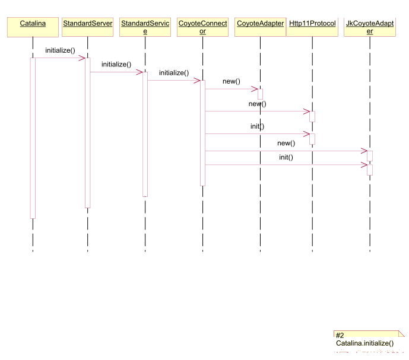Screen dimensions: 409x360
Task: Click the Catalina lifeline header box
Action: pyautogui.click(x=33, y=27)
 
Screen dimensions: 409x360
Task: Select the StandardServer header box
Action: pyautogui.click(x=88, y=27)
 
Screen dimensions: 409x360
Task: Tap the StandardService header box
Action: pyautogui.click(x=145, y=27)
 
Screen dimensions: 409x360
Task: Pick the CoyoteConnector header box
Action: pyautogui.click(x=202, y=27)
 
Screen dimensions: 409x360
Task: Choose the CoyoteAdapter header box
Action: pyautogui.click(x=261, y=27)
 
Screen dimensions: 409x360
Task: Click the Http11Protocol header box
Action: pyautogui.click(x=312, y=27)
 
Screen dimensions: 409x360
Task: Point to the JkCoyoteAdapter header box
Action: pyautogui.click(x=370, y=27)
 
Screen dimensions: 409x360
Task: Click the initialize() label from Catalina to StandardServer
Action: pyautogui.click(x=61, y=50)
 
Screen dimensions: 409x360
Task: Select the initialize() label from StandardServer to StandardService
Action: pyautogui.click(x=116, y=65)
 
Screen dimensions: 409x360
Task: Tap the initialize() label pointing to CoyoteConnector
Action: pyautogui.click(x=174, y=73)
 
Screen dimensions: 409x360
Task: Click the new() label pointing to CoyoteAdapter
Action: pyautogui.click(x=232, y=81)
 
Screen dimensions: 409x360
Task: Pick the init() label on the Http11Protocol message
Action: pyautogui.click(x=257, y=126)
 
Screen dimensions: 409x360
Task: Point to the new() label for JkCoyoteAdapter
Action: pyautogui.click(x=286, y=143)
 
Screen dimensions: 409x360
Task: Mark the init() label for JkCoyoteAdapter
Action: pyautogui.click(x=286, y=157)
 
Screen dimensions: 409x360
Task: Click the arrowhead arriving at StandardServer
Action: pyautogui.click(x=82, y=58)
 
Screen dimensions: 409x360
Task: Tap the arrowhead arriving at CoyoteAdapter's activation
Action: pyautogui.click(x=255, y=89)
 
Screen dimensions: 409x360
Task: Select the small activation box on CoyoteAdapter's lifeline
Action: pyautogui.click(x=261, y=94)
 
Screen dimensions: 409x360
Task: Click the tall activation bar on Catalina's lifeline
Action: pyautogui.click(x=33, y=138)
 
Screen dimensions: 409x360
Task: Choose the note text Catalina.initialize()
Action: pyautogui.click(x=364, y=343)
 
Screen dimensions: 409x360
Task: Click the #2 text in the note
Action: pyautogui.click(x=340, y=335)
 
